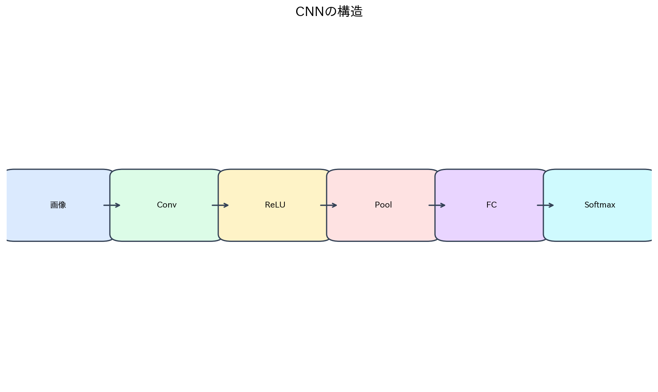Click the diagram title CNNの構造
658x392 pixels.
pyautogui.click(x=329, y=12)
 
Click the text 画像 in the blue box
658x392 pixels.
pyautogui.click(x=58, y=205)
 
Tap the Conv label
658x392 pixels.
pyautogui.click(x=167, y=205)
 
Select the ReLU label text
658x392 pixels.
pyautogui.click(x=275, y=205)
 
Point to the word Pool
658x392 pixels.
pyautogui.click(x=383, y=205)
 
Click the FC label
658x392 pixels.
pyautogui.click(x=491, y=205)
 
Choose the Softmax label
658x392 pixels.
pyautogui.click(x=600, y=205)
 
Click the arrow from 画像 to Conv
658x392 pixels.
pyautogui.click(x=112, y=205)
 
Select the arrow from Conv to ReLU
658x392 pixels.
pyautogui.click(x=220, y=205)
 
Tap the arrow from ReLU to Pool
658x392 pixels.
pyautogui.click(x=329, y=205)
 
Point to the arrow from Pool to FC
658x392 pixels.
pyautogui.click(x=437, y=205)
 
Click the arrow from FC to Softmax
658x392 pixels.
pyautogui.click(x=545, y=205)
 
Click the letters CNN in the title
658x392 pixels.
pyautogui.click(x=309, y=12)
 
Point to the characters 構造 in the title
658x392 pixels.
pyautogui.click(x=350, y=12)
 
